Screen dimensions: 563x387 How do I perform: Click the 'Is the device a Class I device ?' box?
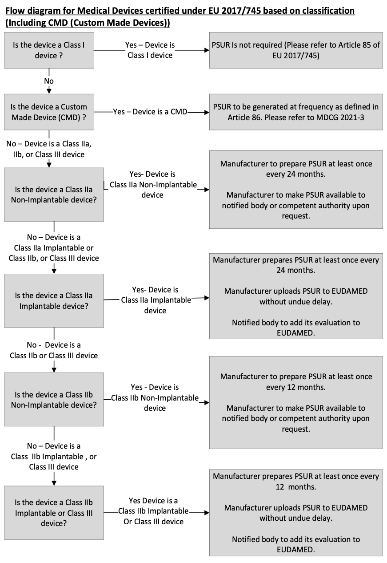click(49, 50)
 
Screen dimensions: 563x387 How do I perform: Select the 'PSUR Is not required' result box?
click(296, 50)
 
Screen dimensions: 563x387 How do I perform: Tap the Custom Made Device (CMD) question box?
click(49, 112)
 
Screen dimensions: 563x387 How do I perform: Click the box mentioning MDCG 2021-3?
click(296, 112)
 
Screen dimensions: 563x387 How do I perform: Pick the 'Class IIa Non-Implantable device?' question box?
click(54, 194)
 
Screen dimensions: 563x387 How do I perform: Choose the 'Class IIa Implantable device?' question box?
click(54, 300)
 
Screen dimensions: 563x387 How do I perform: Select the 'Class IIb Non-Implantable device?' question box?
click(54, 399)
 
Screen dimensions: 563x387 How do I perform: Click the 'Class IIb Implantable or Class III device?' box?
click(54, 513)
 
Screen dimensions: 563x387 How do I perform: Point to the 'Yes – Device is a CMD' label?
click(151, 112)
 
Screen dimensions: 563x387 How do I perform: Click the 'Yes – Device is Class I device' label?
click(150, 50)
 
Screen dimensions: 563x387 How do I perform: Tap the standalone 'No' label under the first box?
click(49, 81)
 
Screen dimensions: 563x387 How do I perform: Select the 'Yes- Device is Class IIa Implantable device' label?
click(155, 300)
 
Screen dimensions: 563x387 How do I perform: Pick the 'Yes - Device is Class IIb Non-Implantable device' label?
click(155, 397)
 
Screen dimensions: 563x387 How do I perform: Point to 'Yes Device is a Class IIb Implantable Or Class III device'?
click(153, 511)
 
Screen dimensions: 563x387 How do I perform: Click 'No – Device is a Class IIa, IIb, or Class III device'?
click(49, 149)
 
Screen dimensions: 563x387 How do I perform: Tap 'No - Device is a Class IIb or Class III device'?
click(54, 350)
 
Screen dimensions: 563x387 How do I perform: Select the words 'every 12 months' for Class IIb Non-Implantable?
click(296, 387)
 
